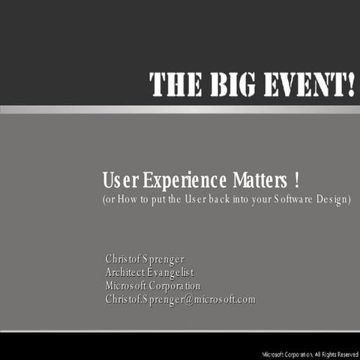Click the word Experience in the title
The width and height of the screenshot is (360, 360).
pyautogui.click(x=174, y=181)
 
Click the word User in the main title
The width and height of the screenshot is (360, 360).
pyautogui.click(x=119, y=181)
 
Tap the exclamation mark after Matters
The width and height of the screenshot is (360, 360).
pyautogui.click(x=298, y=181)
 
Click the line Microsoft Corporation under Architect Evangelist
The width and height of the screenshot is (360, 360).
pyautogui.click(x=153, y=286)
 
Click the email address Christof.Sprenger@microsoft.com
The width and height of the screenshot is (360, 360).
pyautogui.click(x=180, y=300)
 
